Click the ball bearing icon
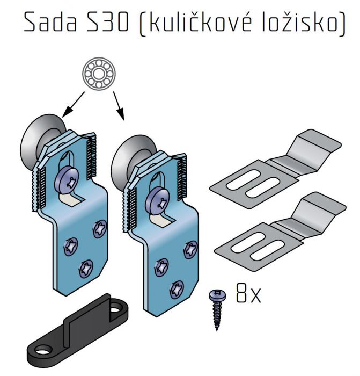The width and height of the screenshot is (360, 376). (99, 74)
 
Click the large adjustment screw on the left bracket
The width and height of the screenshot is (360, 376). (67, 179)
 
